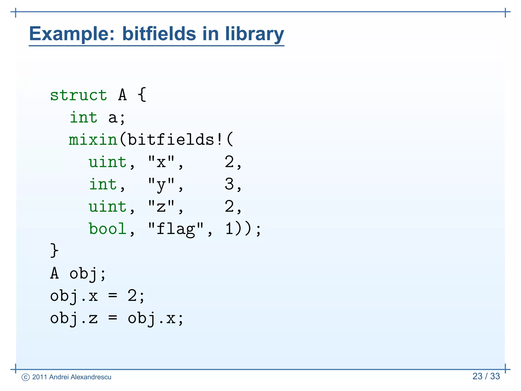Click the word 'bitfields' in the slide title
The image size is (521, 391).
[x=159, y=34]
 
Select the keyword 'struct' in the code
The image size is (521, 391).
[x=78, y=95]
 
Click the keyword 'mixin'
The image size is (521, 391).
[x=93, y=140]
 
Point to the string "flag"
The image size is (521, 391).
[x=176, y=229]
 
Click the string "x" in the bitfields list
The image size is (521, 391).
[x=161, y=162]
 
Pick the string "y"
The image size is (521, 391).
[x=161, y=185]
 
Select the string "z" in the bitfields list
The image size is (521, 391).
[x=161, y=207]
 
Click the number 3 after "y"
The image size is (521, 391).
[x=229, y=184]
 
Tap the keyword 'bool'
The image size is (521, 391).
[x=107, y=229]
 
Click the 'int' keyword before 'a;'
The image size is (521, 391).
[x=83, y=118]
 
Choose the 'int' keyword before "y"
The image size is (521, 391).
[x=103, y=184]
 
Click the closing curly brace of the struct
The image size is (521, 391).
[x=54, y=250]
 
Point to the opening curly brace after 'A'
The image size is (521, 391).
[x=142, y=95]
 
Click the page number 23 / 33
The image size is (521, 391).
[x=486, y=376]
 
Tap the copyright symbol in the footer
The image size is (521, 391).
[x=26, y=377]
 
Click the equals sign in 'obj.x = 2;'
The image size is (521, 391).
[x=112, y=296]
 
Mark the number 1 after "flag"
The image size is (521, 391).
[x=229, y=229]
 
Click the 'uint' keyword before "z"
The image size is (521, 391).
[x=107, y=206]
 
